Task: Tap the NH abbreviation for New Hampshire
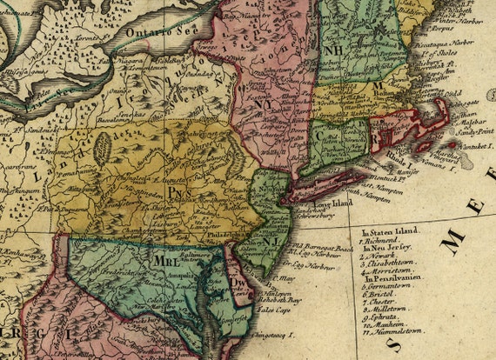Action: (x=332, y=50)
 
